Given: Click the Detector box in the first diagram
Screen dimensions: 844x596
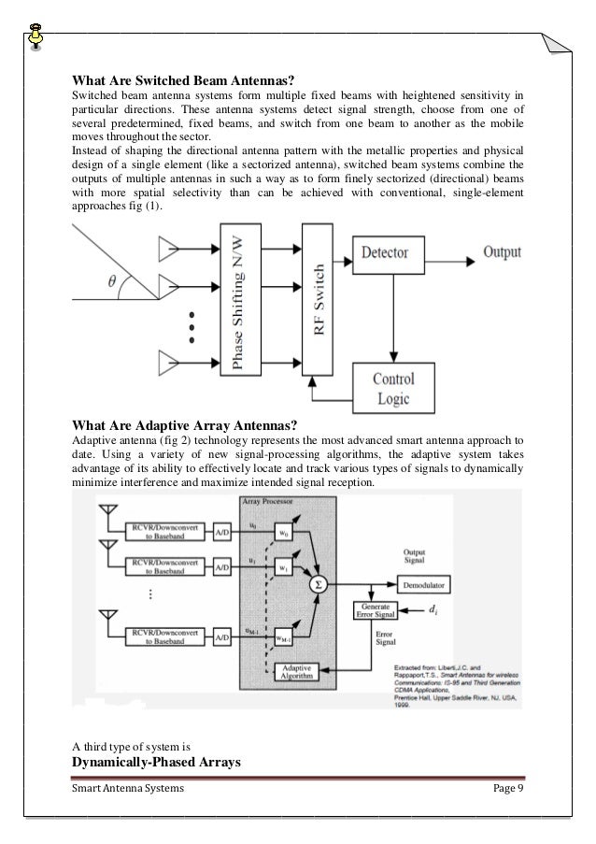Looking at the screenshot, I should click(x=390, y=253).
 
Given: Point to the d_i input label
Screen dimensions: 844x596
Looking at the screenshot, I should click(x=432, y=612).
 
